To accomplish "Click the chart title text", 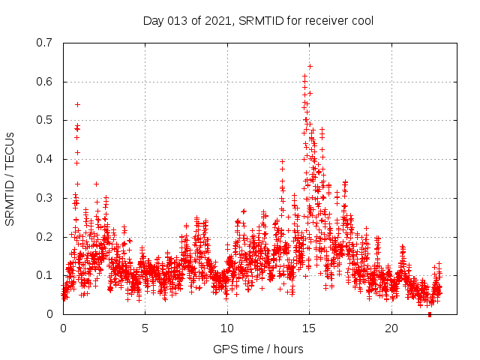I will [258, 20].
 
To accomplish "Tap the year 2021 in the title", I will [216, 20].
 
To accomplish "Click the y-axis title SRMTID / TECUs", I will [10, 178].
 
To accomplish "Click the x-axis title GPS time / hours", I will [258, 349].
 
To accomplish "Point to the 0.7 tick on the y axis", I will [44, 43].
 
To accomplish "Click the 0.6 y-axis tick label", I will [44, 82].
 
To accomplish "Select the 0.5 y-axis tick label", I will [44, 121].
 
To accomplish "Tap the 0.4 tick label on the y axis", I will [44, 159].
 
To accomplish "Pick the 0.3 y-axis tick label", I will [44, 198].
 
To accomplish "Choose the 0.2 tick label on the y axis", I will [44, 237].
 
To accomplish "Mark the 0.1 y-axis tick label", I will [44, 276].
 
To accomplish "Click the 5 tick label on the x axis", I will [145, 328].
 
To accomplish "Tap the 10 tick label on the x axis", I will [227, 328].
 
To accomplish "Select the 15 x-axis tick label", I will [310, 328].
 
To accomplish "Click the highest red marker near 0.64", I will [310, 66].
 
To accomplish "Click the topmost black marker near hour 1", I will [77, 104].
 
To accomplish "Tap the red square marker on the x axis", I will [429, 314].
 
